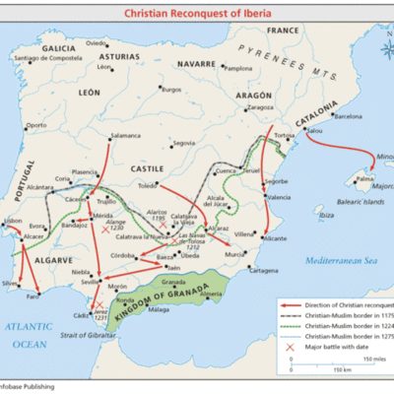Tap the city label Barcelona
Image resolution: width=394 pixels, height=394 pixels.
coord(350,115)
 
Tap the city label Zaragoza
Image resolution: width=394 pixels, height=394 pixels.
coord(260,106)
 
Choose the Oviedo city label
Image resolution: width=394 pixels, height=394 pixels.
coord(96,43)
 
